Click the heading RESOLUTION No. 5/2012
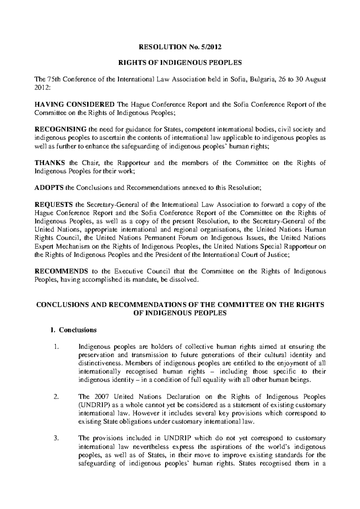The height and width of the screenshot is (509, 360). [180, 46]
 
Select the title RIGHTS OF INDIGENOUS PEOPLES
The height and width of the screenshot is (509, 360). [180, 63]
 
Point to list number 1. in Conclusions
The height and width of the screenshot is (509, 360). [55, 347]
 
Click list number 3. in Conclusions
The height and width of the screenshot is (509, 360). [55, 439]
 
